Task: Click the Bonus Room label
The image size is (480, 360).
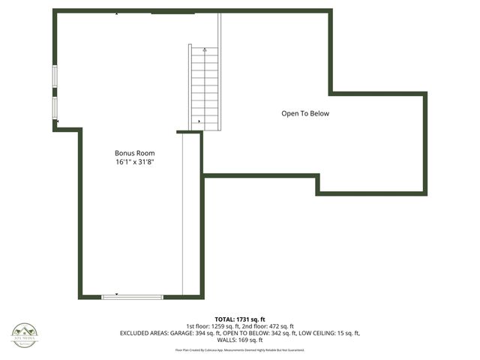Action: click(x=135, y=153)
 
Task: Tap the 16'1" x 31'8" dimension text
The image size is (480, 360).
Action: click(x=135, y=162)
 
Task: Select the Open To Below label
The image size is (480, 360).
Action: click(x=305, y=114)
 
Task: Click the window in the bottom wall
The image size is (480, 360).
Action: click(x=132, y=297)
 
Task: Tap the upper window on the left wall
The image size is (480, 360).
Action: click(x=55, y=77)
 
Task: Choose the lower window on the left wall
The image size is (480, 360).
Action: click(x=55, y=107)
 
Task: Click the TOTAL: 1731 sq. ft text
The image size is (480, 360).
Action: click(x=239, y=319)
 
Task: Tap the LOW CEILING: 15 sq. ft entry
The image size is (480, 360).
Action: click(x=331, y=333)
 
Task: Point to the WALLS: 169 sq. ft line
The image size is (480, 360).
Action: click(x=240, y=340)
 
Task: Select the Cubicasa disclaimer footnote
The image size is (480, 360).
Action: click(x=240, y=350)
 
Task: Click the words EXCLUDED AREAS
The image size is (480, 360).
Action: click(x=143, y=333)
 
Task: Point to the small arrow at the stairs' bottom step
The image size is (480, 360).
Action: click(x=199, y=121)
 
